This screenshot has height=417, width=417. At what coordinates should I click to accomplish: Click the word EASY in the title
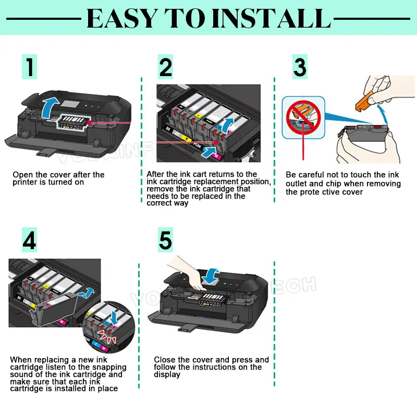click(122, 18)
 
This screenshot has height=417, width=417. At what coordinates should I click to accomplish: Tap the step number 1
click(30, 67)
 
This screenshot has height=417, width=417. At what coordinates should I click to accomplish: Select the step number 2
click(165, 67)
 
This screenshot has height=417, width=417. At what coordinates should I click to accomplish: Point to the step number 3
click(300, 67)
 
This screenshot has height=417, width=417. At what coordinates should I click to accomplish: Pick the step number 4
click(29, 240)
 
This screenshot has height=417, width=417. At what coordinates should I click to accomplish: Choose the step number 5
click(165, 240)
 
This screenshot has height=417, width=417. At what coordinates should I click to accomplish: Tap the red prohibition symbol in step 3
click(303, 118)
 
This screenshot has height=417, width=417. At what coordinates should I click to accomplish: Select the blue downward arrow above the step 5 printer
click(211, 276)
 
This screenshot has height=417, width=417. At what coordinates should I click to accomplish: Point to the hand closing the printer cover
click(188, 273)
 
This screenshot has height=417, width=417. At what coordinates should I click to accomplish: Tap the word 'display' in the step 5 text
click(167, 374)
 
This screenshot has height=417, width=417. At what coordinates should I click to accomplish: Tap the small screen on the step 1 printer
click(70, 104)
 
